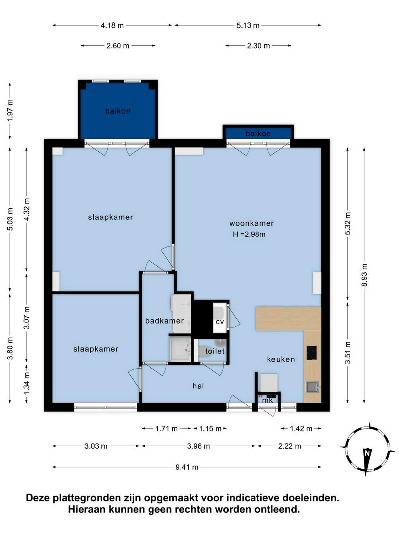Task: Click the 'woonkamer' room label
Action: point(251,223)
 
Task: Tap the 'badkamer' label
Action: point(164,321)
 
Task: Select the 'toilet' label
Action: point(215,351)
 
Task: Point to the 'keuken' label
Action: point(281,359)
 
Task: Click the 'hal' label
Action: point(198,386)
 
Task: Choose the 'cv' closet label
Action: point(220,322)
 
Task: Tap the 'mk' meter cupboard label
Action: point(267,400)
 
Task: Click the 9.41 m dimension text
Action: point(187,467)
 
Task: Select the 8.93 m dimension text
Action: point(364,275)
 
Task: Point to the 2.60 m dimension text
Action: point(118,46)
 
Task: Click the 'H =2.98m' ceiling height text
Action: point(249,234)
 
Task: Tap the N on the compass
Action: point(367,453)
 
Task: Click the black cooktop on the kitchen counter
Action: point(311,353)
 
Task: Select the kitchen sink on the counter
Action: point(312,387)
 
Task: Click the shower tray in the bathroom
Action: point(180,349)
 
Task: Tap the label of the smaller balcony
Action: point(258,133)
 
